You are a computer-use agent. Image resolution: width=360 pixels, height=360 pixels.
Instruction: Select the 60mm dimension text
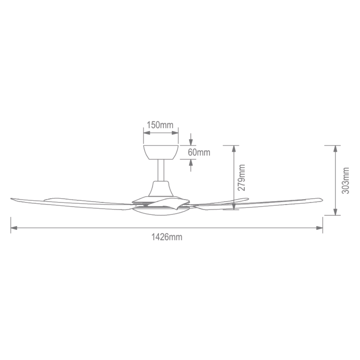(x=199, y=152)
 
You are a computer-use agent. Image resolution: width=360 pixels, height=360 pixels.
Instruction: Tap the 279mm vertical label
(x=242, y=177)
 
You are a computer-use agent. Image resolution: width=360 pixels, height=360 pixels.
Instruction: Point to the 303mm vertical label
(x=345, y=180)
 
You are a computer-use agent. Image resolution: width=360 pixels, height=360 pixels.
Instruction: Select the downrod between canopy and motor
(x=161, y=170)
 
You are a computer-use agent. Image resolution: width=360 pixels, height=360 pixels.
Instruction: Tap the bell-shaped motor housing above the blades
(x=161, y=189)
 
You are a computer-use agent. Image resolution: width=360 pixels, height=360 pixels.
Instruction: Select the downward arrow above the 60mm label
(x=191, y=141)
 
